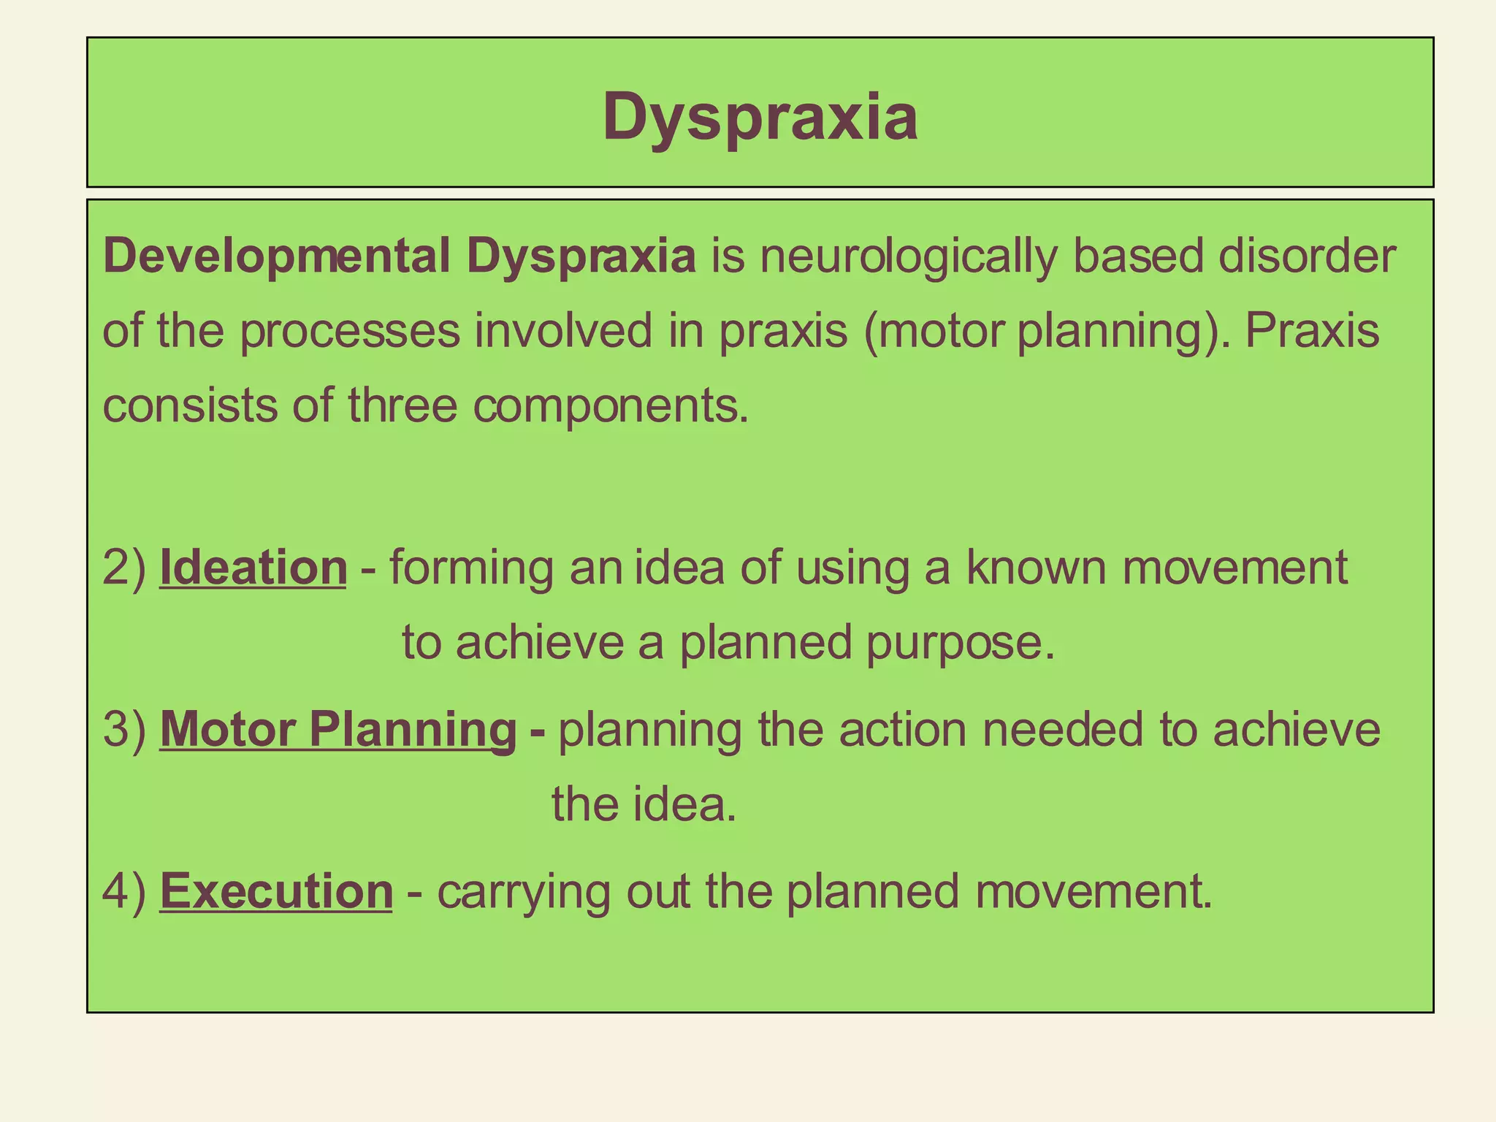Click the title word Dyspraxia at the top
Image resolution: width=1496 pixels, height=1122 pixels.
tap(760, 117)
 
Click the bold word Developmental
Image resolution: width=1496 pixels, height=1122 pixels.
tap(277, 257)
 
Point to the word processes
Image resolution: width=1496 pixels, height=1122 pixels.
tap(350, 332)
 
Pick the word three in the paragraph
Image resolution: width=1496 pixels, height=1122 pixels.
tap(402, 405)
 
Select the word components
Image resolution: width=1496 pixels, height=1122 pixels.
tap(611, 407)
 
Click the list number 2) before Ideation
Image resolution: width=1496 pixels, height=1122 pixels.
tap(125, 568)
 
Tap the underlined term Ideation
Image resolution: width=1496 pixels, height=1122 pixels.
tap(253, 568)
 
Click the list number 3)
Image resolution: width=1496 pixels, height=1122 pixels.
tap(125, 730)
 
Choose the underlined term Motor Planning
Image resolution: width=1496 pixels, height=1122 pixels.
tap(338, 730)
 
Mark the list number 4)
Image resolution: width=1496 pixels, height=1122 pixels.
tap(125, 892)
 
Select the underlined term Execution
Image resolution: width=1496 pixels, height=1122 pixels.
tap(276, 892)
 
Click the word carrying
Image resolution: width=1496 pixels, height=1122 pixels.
tap(524, 893)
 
